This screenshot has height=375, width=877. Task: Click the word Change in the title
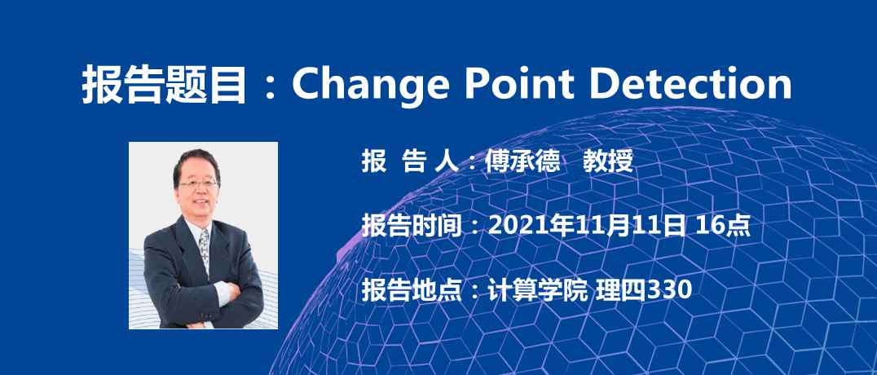[x=370, y=84]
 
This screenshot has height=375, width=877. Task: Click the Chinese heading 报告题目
[x=164, y=85]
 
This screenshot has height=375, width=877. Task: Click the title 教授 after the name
[x=608, y=161]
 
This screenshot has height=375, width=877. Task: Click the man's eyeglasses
[x=199, y=183]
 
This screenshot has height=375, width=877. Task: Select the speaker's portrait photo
[x=203, y=235]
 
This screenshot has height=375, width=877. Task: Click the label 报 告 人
[x=410, y=161]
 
